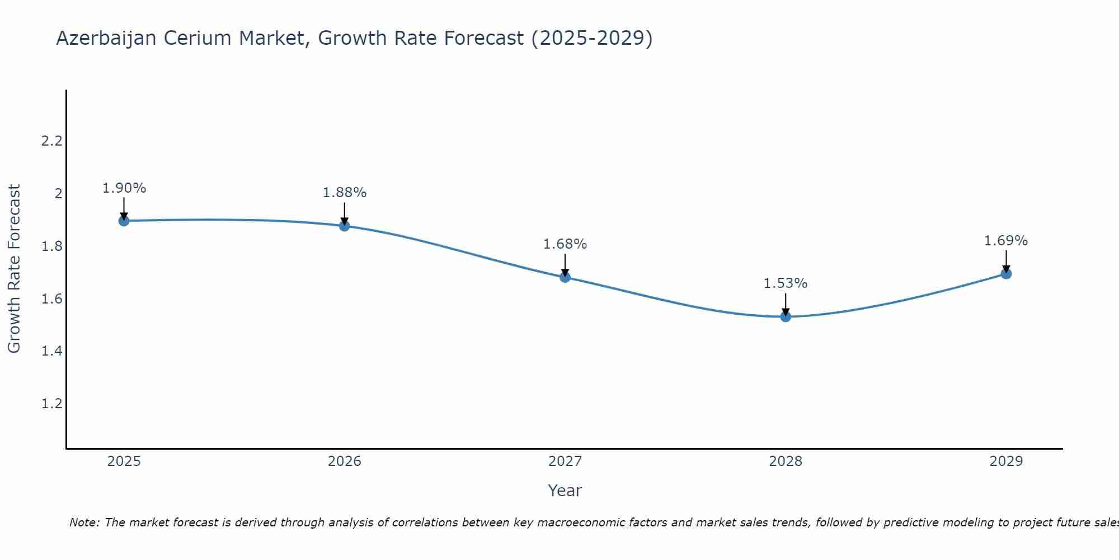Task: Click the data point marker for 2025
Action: [124, 221]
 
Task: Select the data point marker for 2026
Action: [345, 226]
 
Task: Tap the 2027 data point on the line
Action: [565, 277]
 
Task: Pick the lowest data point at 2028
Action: [786, 316]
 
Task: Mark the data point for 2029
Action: [1006, 274]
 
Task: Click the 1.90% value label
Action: [124, 188]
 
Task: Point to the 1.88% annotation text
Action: [345, 193]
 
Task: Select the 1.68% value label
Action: [565, 244]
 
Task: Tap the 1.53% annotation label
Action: [786, 283]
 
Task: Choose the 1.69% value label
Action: [1006, 241]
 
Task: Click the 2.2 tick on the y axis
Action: [51, 141]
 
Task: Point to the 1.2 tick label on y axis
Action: [51, 404]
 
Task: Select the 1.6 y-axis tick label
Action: [51, 299]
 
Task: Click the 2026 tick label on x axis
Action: [345, 461]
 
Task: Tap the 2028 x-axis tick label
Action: [786, 461]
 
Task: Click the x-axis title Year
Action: [565, 491]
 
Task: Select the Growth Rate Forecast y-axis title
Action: [14, 269]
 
